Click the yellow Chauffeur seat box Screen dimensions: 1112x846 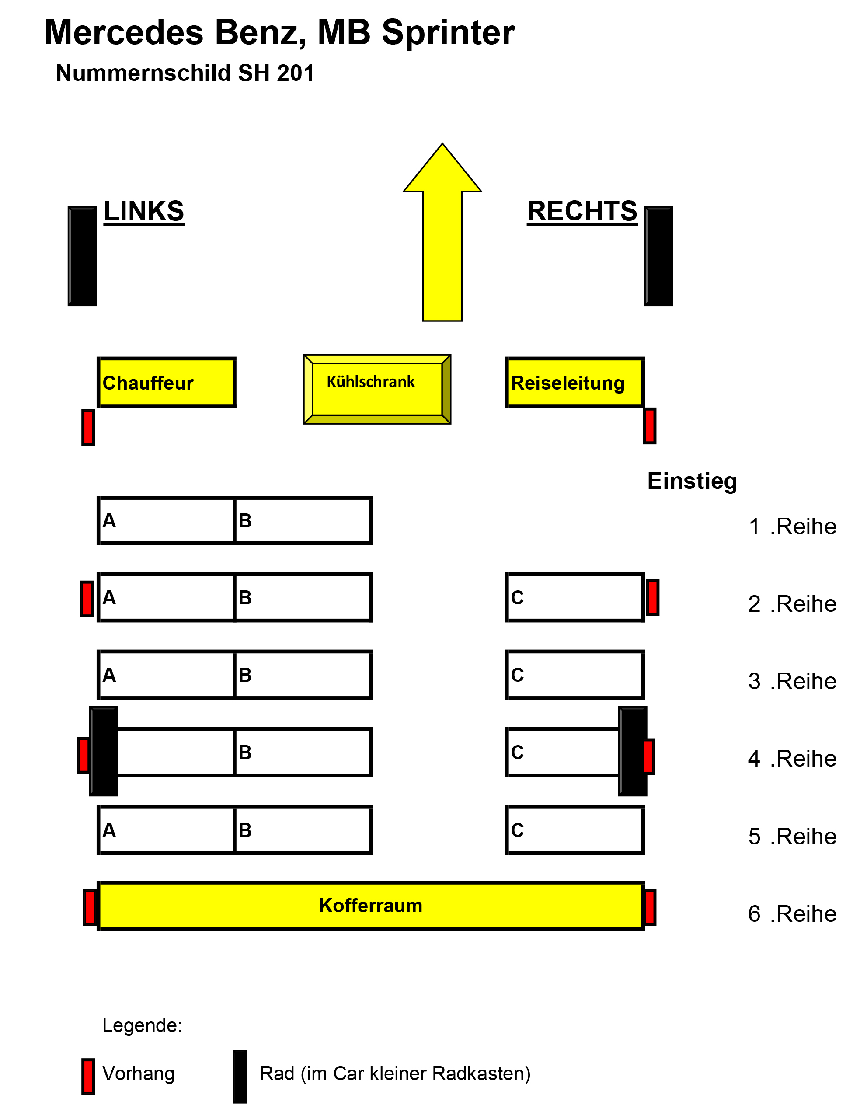coord(167,383)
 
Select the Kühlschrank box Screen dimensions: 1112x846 coord(377,389)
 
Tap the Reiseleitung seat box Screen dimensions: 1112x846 coord(574,383)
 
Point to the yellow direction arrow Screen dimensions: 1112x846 coord(442,237)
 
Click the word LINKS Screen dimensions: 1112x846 coord(144,211)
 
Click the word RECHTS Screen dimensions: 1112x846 coord(582,211)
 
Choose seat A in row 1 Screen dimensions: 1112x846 coord(167,520)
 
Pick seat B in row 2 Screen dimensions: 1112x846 coord(303,597)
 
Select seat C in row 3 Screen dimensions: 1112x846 coord(574,675)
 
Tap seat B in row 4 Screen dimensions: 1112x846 coord(303,753)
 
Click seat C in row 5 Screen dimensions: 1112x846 coord(574,830)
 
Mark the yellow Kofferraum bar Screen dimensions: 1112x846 coord(371,906)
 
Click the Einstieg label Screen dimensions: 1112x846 coord(692,481)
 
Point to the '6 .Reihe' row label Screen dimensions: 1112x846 coord(792,913)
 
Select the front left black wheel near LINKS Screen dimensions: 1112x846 coord(83,256)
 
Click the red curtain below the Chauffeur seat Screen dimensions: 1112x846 coord(88,427)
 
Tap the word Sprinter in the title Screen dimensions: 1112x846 coord(448,33)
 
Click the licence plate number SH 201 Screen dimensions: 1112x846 coord(276,73)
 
